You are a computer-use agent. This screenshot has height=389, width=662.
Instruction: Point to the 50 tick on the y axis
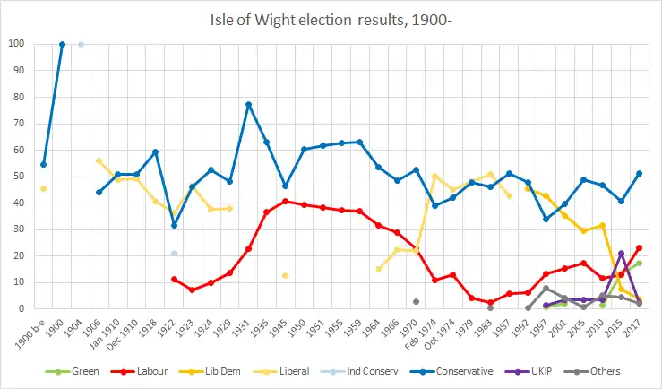(x=18, y=177)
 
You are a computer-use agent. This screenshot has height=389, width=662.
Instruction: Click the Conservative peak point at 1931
(x=248, y=105)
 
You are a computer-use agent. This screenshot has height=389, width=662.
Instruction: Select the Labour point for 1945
(x=285, y=201)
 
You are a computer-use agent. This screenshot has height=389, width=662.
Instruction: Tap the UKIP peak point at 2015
(x=621, y=253)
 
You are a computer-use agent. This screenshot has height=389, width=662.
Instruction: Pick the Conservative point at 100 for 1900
(x=62, y=44)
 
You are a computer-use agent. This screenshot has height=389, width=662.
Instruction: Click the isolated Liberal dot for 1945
(x=285, y=275)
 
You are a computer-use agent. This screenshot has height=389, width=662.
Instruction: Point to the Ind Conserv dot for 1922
(x=174, y=254)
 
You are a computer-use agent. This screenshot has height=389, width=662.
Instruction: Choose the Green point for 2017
(x=639, y=263)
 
